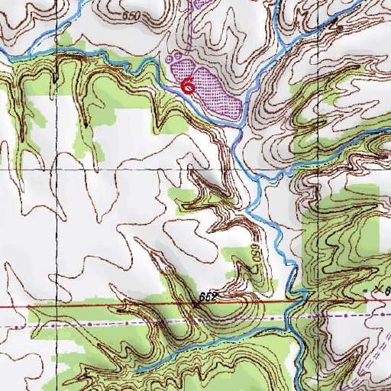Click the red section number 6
point(187,86)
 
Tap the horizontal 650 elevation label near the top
point(131,15)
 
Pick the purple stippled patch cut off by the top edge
point(202,4)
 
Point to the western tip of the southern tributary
point(135,370)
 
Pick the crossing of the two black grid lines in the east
point(299,169)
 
